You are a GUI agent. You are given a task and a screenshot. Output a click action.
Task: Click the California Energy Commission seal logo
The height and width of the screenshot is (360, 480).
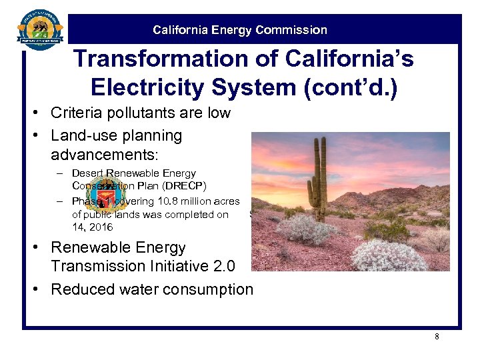(39, 31)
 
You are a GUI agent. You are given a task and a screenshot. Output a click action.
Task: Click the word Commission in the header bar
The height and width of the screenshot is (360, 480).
(292, 30)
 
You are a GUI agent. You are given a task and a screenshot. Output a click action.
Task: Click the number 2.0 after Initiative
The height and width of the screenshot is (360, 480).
(221, 266)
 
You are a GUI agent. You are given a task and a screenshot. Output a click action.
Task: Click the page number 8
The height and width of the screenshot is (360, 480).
(437, 337)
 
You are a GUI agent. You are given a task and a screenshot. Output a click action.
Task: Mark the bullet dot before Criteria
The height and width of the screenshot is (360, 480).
(41, 113)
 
